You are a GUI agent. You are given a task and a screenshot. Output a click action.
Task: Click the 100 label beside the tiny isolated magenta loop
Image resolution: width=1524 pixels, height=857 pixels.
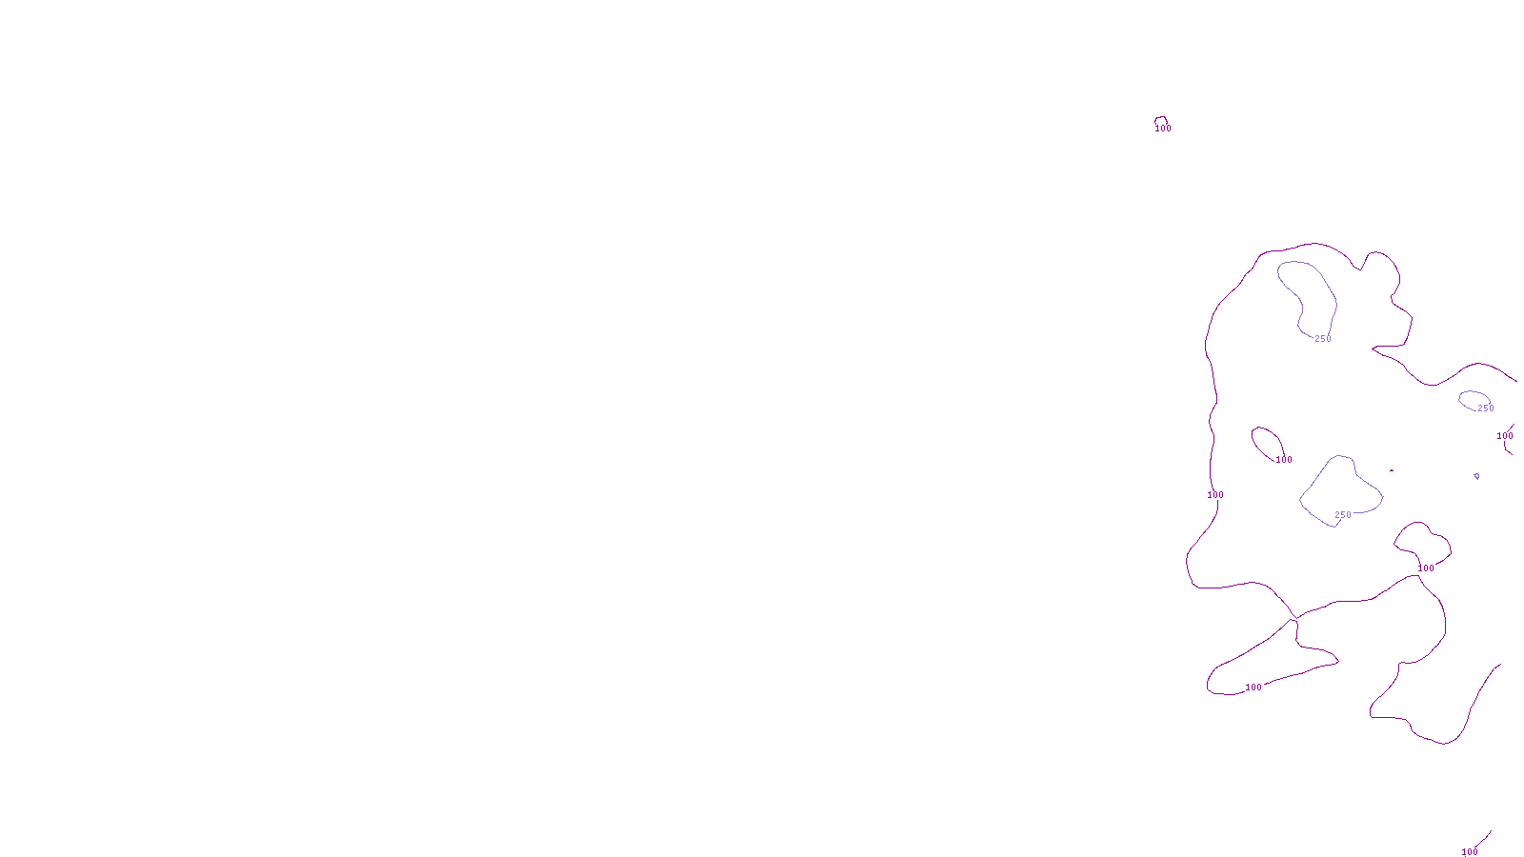coord(1163,129)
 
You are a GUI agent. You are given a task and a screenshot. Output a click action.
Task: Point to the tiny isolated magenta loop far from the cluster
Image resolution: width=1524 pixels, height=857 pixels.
coord(1160,120)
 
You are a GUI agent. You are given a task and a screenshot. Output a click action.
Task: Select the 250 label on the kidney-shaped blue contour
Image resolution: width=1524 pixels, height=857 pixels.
coord(1323,339)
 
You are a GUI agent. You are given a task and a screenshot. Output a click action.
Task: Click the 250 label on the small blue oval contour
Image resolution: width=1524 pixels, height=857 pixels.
coord(1486,409)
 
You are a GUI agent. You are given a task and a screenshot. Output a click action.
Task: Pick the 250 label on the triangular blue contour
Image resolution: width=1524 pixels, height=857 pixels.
coord(1343,515)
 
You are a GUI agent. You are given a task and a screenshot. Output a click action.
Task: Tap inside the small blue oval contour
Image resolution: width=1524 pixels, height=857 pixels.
coord(1473,399)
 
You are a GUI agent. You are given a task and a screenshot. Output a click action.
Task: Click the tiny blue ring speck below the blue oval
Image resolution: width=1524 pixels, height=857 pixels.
coord(1476,476)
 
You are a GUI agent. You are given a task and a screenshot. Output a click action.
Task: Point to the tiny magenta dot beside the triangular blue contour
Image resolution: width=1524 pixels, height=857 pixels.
coord(1392,470)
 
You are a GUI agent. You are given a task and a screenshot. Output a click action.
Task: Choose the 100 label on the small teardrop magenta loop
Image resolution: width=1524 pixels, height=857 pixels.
coord(1284,460)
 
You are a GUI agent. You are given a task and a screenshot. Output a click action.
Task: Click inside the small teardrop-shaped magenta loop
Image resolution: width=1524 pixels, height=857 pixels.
coord(1267,441)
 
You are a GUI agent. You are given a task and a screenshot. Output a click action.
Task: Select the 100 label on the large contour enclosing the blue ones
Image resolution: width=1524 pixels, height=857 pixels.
coord(1215,495)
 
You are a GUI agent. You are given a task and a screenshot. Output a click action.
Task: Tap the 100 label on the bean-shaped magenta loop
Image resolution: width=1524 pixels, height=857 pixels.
coord(1426,568)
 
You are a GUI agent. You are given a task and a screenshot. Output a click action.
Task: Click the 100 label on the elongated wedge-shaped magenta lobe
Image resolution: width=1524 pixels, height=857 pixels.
coord(1253,688)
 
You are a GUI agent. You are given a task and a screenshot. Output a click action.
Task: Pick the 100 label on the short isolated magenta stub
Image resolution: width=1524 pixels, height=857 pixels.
coord(1470,851)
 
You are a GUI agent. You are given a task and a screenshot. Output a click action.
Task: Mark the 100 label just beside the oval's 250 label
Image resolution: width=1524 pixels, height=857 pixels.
coord(1505,436)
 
